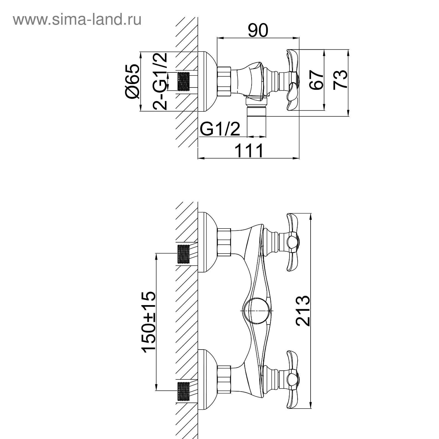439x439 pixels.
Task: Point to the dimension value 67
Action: [x=316, y=80]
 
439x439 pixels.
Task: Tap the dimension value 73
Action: [x=340, y=80]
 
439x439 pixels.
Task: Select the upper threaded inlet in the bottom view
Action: [x=184, y=254]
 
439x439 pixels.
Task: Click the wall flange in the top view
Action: [x=207, y=81]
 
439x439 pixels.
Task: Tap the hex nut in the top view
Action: [x=224, y=81]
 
